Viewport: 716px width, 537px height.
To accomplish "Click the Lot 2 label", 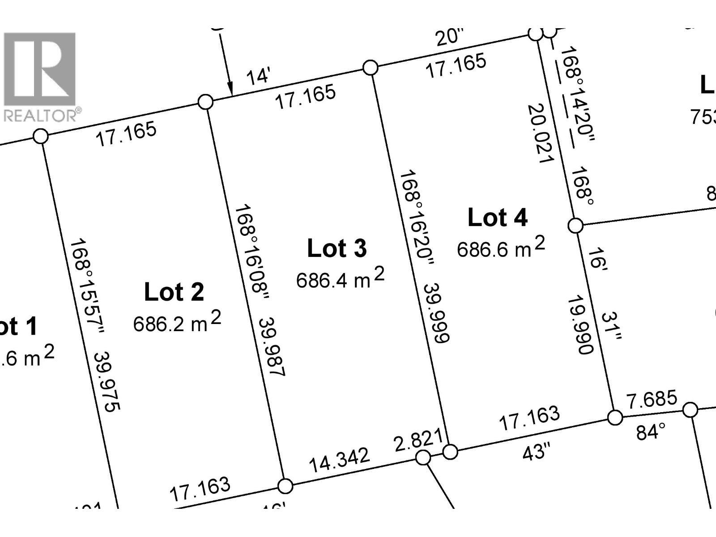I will [x=174, y=292].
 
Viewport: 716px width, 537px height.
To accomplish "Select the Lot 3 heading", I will [x=337, y=248].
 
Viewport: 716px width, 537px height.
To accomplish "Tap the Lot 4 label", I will [x=497, y=218].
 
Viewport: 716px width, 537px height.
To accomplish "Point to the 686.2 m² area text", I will [x=177, y=322].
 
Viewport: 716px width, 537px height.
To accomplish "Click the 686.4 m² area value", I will [x=340, y=278].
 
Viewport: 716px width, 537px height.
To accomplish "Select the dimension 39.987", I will [x=272, y=346].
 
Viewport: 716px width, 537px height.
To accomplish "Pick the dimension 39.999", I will [x=436, y=313].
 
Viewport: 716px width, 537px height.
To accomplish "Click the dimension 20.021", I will [x=541, y=134].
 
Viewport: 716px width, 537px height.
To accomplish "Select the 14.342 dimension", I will [x=340, y=460].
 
